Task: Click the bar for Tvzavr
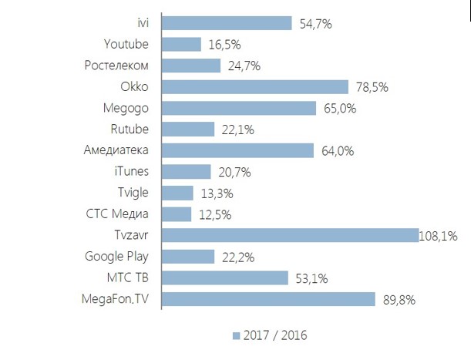(289, 235)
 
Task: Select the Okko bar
(254, 87)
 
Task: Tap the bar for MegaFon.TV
(267, 299)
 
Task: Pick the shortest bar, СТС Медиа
(177, 214)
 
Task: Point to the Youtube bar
(182, 45)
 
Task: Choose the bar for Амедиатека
(238, 150)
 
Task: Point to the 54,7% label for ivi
(315, 24)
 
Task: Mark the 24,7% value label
(244, 66)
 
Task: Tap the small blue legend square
(235, 336)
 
